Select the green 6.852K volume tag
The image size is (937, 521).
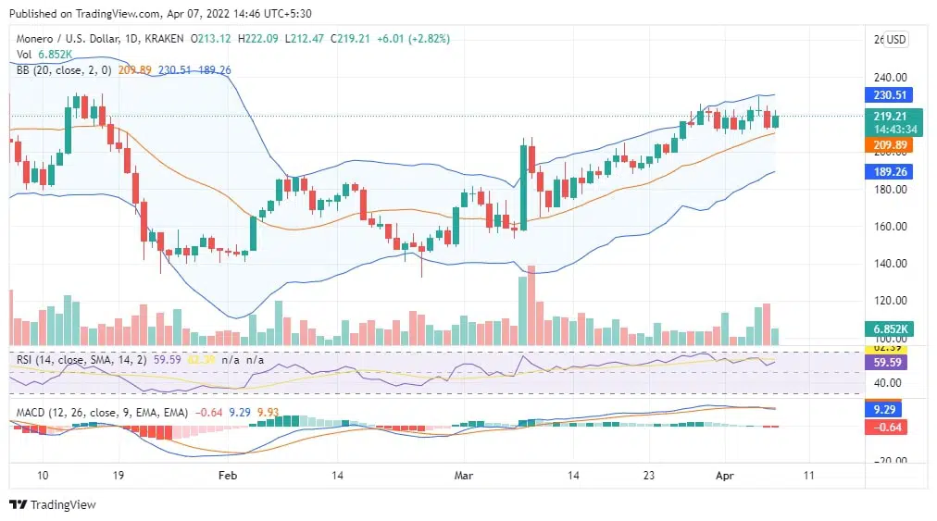888,329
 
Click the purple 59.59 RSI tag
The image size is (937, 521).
888,363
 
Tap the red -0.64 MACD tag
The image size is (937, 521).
888,427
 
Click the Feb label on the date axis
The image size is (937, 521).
228,475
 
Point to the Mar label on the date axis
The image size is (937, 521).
465,475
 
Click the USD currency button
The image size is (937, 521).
895,40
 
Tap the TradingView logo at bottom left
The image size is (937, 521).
53,505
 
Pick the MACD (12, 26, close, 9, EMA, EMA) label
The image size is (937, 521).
101,412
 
